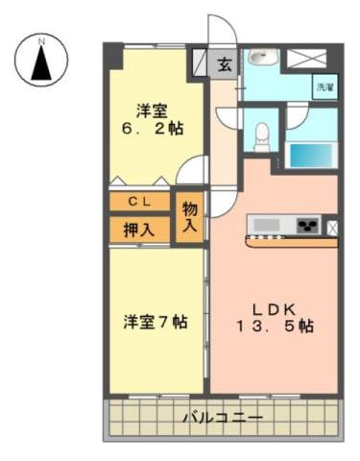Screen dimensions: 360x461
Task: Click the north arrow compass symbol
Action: pos(41,60)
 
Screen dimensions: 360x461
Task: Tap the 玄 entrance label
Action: pos(225,65)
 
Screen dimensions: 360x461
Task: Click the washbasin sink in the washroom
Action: pos(262,57)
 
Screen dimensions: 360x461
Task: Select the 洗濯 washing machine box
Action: pos(325,87)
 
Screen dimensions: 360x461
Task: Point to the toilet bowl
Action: pos(262,136)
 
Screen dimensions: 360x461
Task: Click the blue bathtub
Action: pos(312,155)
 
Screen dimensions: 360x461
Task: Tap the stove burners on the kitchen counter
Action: pos(308,226)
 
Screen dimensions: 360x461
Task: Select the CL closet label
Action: pos(139,202)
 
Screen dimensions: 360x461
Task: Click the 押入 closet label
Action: pos(139,230)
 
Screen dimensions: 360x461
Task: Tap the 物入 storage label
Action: pos(190,218)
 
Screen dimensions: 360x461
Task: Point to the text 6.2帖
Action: pos(152,129)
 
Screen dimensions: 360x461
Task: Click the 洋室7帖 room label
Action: pos(156,322)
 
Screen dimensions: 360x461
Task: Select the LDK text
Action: pos(275,309)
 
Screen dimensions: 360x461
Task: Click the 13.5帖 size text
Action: pos(275,327)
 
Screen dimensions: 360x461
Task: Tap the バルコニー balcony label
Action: pos(223,418)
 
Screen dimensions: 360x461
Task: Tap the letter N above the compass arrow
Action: pos(41,41)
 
